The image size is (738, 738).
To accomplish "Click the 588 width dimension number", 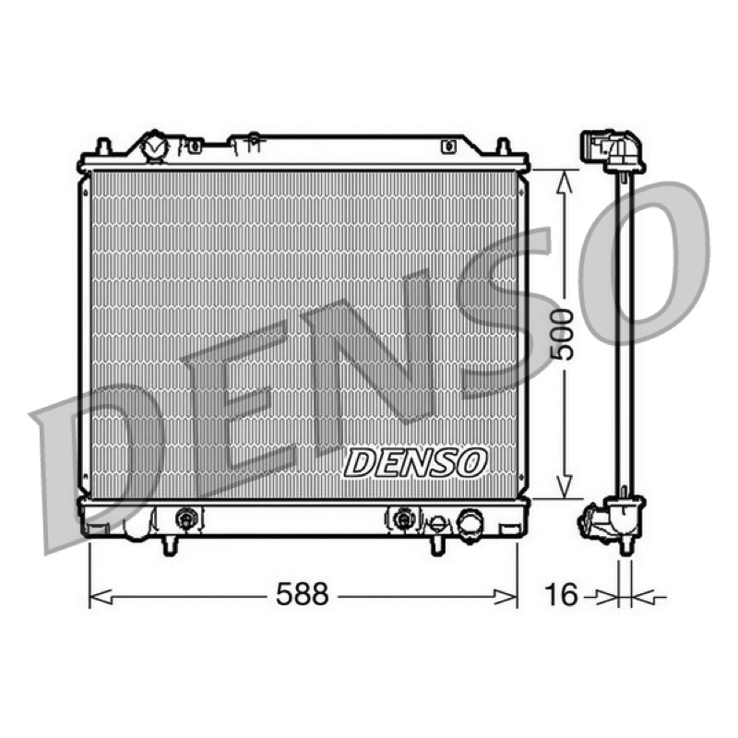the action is [302, 594].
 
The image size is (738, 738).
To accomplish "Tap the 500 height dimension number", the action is [563, 335].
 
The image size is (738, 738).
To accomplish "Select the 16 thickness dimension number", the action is [561, 594].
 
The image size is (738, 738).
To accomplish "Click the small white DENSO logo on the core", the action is [414, 463].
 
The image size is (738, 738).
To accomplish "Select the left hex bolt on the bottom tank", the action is [186, 519].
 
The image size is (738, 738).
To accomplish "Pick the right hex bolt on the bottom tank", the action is [402, 519].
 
